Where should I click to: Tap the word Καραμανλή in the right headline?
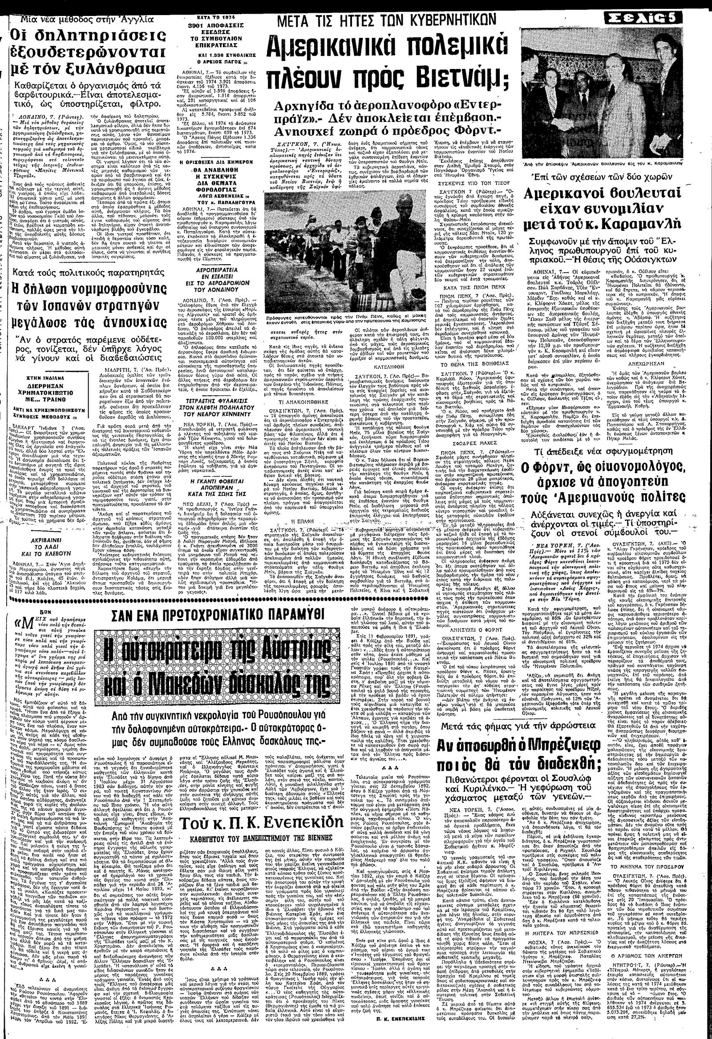pyautogui.click(x=652, y=222)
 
